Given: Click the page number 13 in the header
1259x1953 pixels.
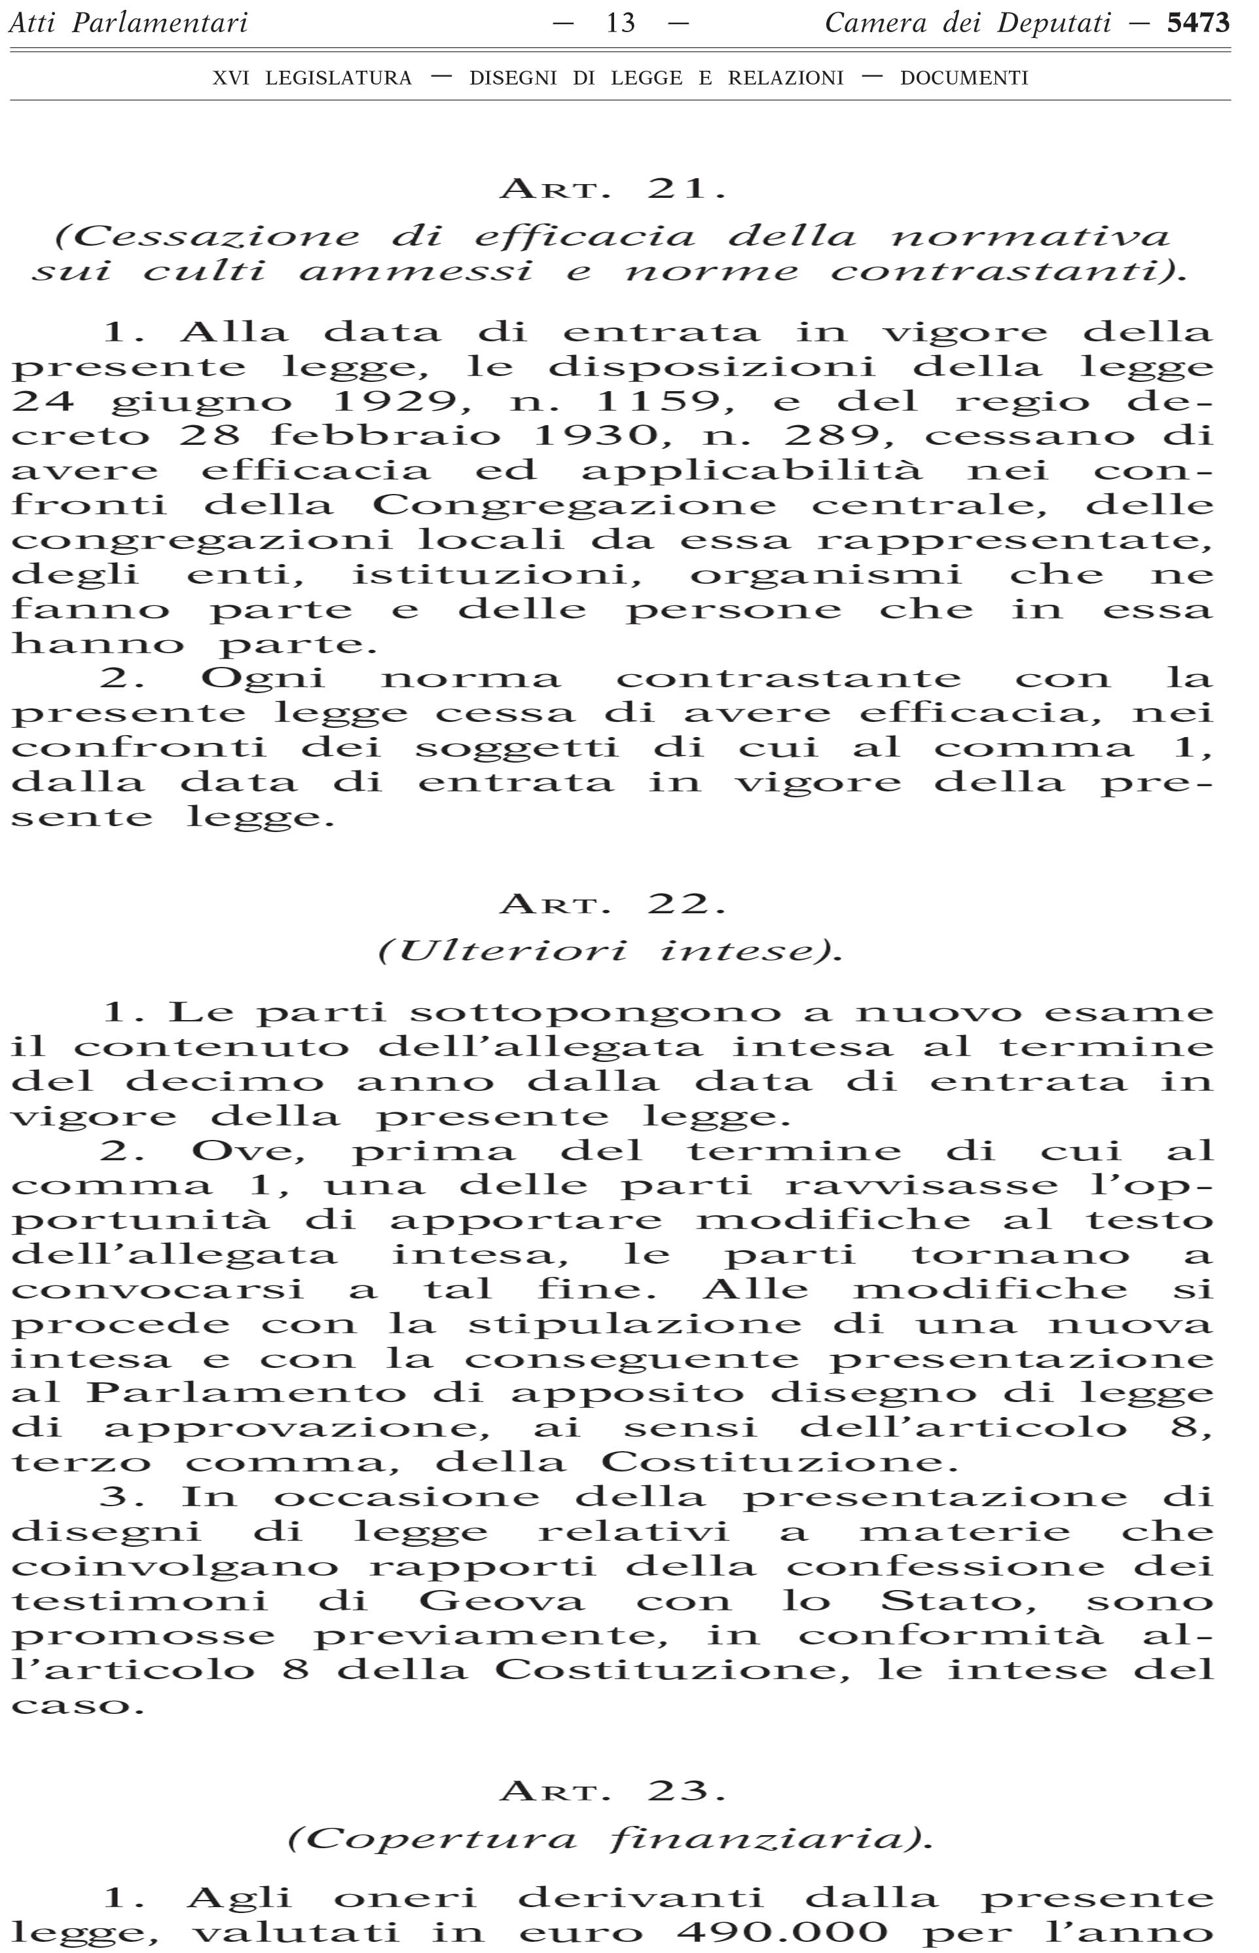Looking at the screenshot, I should (621, 23).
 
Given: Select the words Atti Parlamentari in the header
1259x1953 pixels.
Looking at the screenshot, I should (128, 23).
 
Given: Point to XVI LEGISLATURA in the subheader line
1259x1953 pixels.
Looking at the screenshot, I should (312, 79).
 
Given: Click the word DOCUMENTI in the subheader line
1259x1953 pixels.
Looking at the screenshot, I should (964, 79).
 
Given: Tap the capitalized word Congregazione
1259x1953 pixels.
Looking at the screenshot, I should (574, 504).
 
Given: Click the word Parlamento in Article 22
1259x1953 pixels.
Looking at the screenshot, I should (246, 1393).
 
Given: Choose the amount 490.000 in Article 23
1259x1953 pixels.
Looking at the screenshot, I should (783, 1932).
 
